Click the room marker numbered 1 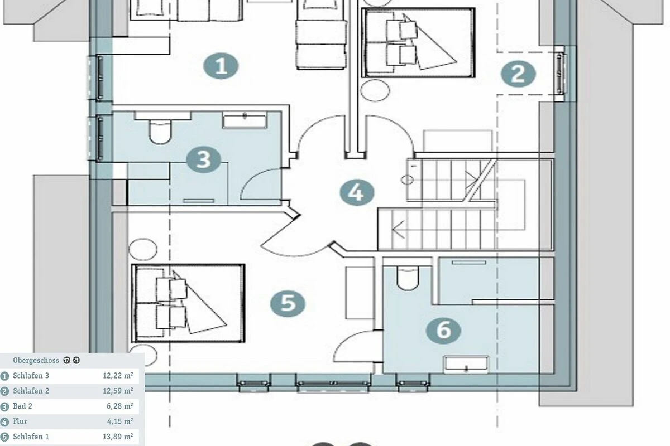[x=221, y=66]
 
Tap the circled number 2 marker [x=518, y=74]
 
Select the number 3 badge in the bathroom [x=203, y=159]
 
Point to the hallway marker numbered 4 [x=357, y=193]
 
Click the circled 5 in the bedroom [x=288, y=304]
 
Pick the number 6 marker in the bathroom [x=443, y=331]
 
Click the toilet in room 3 [x=160, y=132]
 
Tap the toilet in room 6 [x=408, y=278]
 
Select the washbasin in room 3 [x=245, y=120]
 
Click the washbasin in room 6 [x=466, y=365]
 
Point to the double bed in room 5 [x=188, y=303]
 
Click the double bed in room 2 [x=418, y=43]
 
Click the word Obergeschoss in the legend [x=36, y=360]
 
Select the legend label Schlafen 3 [x=31, y=376]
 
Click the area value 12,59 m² [x=118, y=391]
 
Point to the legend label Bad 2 [x=22, y=406]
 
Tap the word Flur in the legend [x=20, y=421]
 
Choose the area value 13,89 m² [x=118, y=437]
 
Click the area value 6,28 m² [x=119, y=406]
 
